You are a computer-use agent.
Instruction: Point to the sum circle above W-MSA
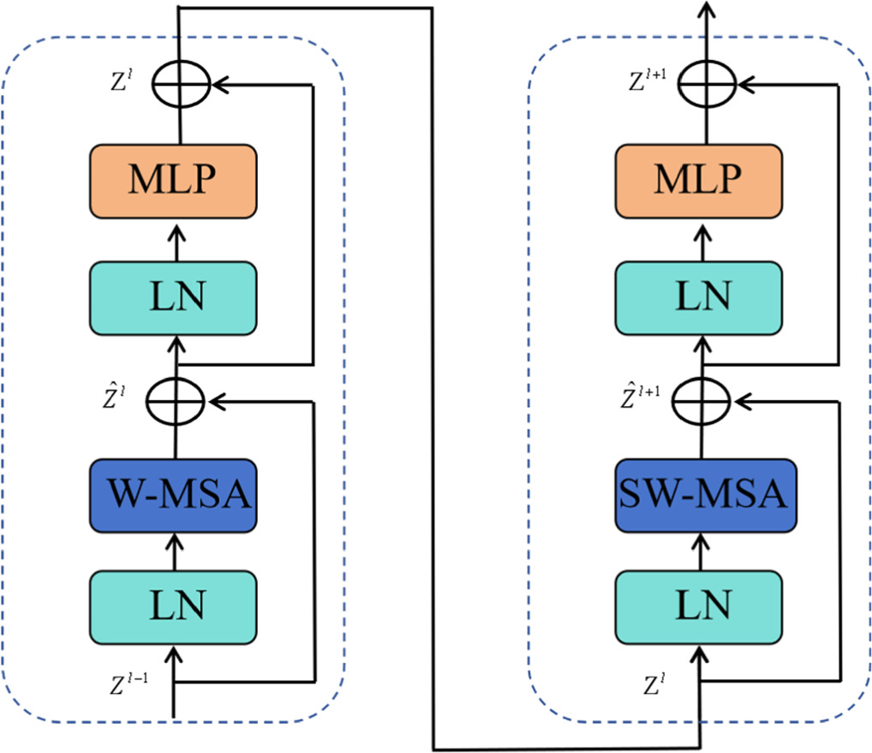[176, 400]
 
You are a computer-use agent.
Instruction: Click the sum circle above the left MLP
[181, 85]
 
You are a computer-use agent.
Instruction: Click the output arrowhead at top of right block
[706, 10]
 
